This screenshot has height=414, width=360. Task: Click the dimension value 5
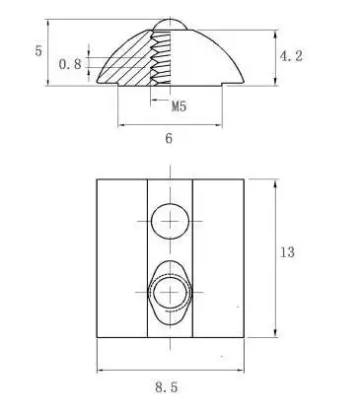pos(38,50)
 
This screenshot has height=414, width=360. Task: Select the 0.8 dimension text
pos(70,65)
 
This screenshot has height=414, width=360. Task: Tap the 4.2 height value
pos(290,58)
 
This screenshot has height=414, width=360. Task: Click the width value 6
pos(169,139)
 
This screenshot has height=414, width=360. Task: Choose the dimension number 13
pos(287,253)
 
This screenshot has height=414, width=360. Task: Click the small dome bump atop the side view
pos(172,23)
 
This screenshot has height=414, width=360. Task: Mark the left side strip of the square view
pos(120,258)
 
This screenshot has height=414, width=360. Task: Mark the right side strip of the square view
pos(217,258)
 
